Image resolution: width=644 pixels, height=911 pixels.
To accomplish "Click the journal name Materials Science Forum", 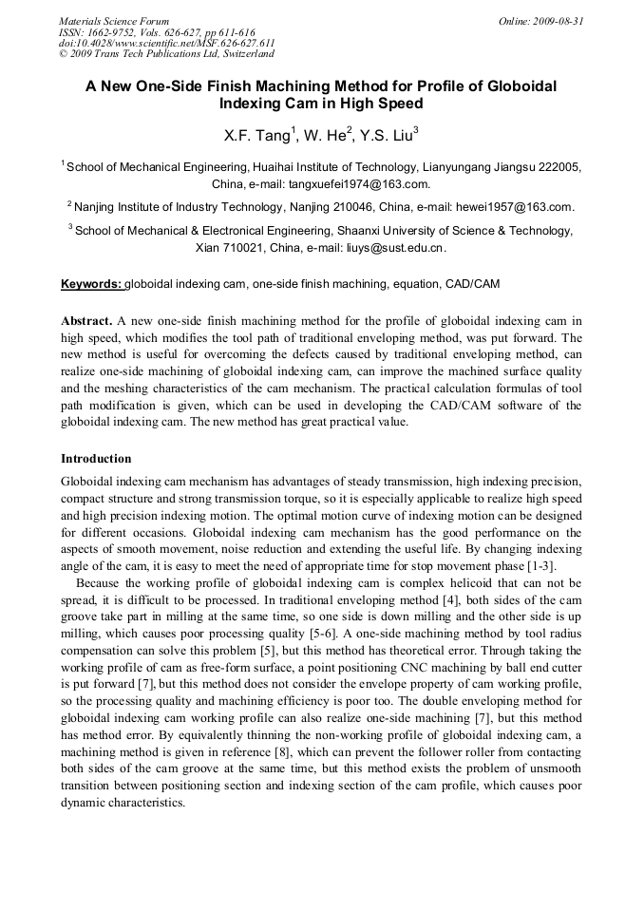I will click(114, 20).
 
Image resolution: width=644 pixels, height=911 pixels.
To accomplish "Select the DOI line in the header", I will click(167, 43).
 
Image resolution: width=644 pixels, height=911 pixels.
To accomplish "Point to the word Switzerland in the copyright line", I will click(238, 54).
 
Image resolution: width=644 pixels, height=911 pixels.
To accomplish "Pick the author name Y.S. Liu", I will click(386, 136).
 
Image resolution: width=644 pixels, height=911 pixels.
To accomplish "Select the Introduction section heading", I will click(96, 458).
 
